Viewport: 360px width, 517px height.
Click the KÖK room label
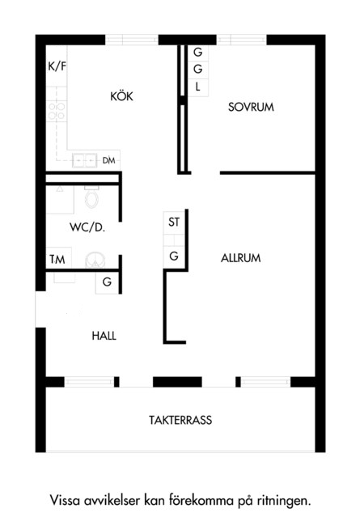121,96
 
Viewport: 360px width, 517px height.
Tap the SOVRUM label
251,107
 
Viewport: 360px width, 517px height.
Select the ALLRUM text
240,258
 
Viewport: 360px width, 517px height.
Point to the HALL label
104,336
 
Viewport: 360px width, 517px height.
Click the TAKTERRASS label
180,420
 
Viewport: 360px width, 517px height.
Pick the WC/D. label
87,227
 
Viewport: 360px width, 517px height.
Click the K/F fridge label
57,66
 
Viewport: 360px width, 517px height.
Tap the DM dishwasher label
108,160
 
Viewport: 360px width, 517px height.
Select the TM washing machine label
57,260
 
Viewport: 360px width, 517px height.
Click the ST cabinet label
174,222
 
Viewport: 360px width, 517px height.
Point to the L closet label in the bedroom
198,87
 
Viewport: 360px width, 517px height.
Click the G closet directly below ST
174,256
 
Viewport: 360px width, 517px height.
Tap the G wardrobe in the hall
107,282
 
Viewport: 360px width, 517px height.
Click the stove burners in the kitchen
57,111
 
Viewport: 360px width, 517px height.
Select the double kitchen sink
85,160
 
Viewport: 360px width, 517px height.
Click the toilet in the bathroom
91,197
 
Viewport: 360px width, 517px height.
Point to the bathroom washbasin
95,261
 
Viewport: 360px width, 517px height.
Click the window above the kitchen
132,40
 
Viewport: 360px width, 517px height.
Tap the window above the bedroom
242,40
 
